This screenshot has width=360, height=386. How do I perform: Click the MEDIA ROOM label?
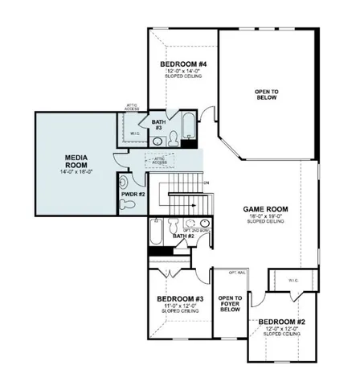click(76, 158)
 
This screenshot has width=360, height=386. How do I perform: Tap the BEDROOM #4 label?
click(184, 64)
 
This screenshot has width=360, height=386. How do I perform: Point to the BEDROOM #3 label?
click(178, 299)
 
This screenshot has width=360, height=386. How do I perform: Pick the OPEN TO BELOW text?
click(267, 93)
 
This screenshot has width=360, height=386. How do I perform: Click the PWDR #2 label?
click(133, 195)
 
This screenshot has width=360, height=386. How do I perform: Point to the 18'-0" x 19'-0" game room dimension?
click(266, 217)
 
